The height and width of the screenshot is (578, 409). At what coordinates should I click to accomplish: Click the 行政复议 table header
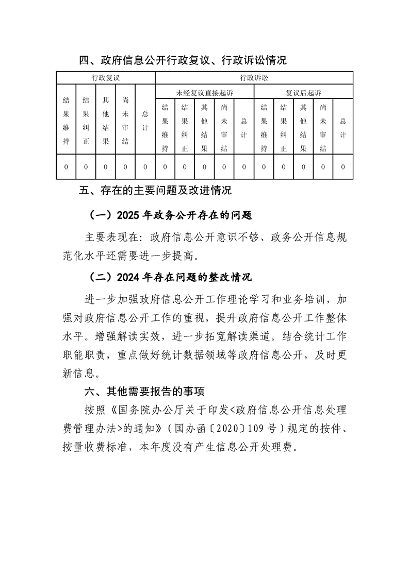click(106, 78)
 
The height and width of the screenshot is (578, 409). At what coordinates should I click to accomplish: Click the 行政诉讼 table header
click(254, 78)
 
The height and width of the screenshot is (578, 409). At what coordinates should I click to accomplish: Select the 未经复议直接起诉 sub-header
click(204, 93)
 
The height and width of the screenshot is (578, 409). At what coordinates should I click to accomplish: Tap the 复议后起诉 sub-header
click(303, 93)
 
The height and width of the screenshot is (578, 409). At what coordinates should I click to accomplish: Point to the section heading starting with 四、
click(183, 61)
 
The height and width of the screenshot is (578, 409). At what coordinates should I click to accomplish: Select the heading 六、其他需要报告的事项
click(145, 393)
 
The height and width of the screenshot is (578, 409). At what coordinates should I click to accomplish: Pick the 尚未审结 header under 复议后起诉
click(323, 128)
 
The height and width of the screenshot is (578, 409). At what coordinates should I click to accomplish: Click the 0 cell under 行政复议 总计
click(145, 167)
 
